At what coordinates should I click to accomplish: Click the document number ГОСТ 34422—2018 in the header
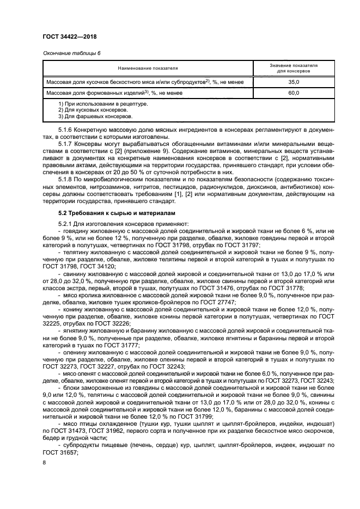click(73, 36)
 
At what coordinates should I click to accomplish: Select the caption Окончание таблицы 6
click(71, 52)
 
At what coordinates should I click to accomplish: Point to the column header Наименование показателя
click(148, 68)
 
